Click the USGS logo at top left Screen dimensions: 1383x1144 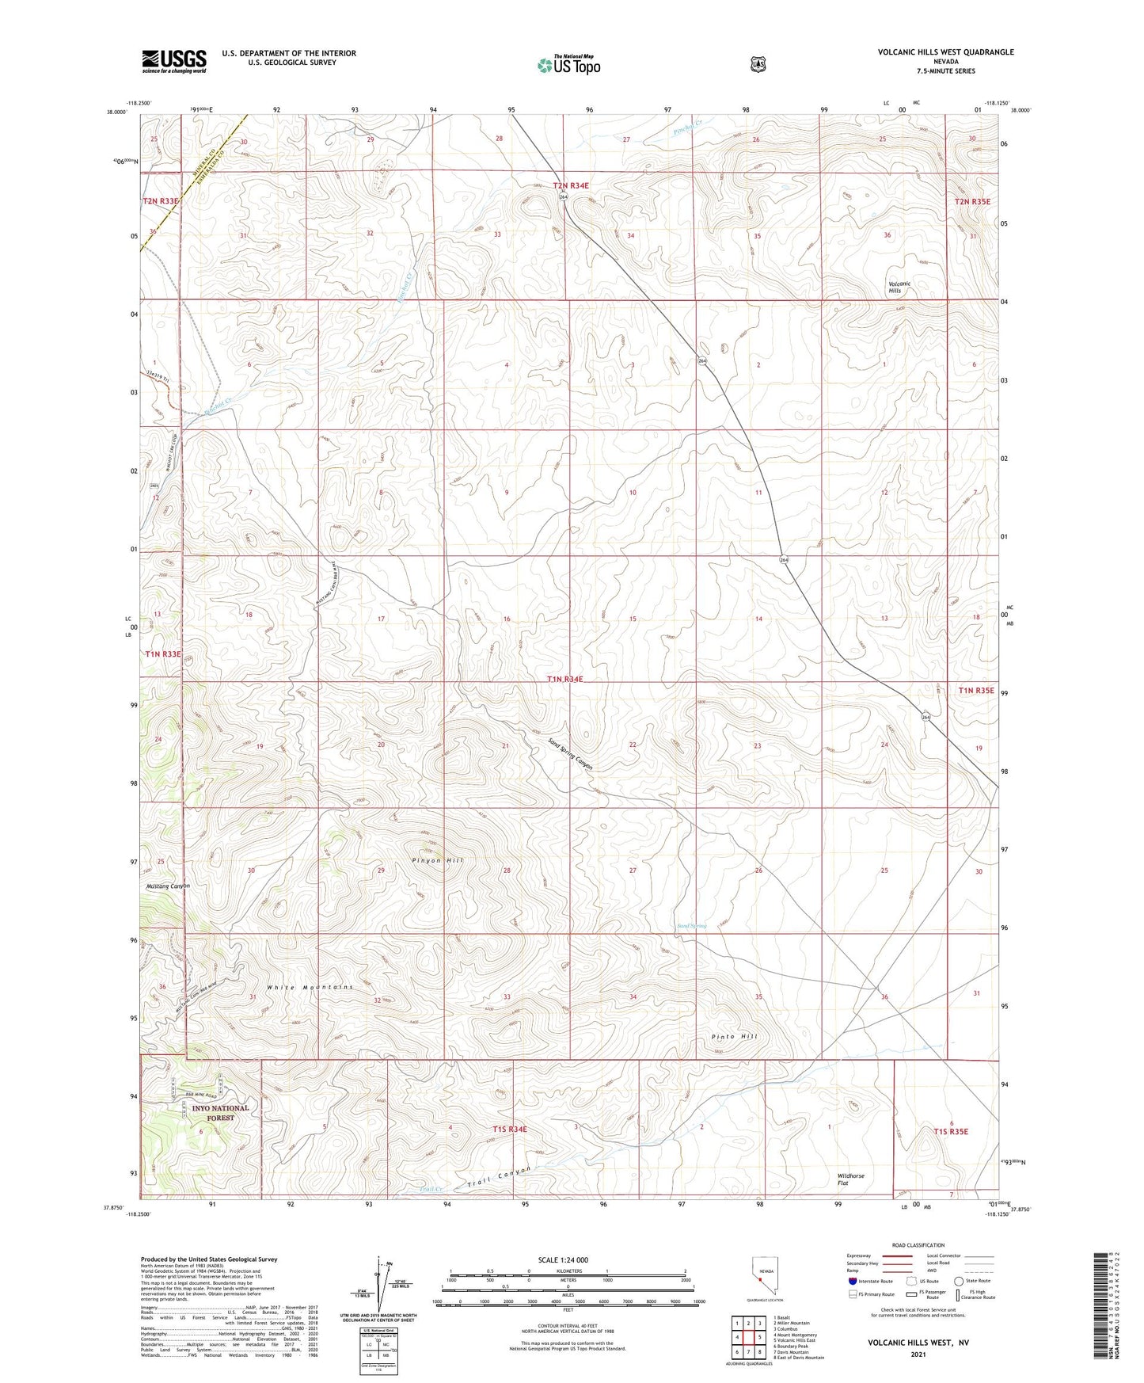[x=174, y=61]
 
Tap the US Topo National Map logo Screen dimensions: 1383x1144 [x=568, y=65]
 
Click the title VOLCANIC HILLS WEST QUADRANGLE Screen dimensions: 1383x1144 [x=945, y=52]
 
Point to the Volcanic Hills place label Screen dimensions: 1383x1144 [x=899, y=287]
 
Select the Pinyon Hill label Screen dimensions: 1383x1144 [x=438, y=860]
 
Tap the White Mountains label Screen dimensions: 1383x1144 [x=310, y=987]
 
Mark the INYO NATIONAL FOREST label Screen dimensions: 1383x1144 [x=220, y=1113]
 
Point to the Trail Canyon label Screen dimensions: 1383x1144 [x=496, y=1178]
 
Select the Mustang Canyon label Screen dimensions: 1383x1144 [x=168, y=886]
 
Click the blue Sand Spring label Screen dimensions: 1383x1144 [x=691, y=926]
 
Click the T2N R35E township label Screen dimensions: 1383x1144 [x=972, y=201]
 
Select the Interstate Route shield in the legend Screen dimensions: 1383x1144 [x=852, y=1281]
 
